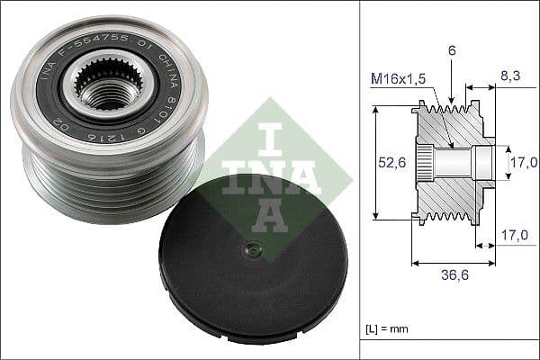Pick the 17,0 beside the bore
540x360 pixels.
pos(524,162)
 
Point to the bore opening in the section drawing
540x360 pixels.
pos(486,162)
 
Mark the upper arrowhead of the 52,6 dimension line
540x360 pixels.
pos(374,109)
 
